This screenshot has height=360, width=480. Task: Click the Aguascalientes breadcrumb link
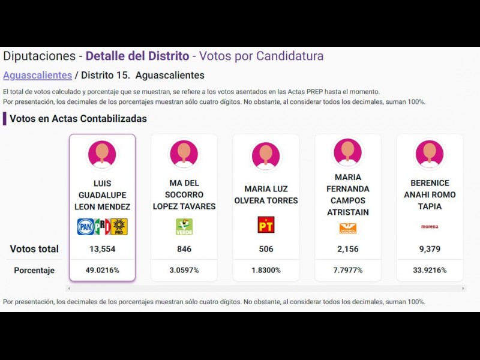37,76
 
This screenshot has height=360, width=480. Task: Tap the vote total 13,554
102,249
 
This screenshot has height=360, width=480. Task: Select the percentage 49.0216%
102,270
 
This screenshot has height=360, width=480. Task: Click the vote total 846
184,249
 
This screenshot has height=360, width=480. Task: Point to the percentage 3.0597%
184,270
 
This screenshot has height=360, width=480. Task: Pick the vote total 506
266,249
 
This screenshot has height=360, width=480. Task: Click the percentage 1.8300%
266,270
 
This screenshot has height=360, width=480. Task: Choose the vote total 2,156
348,249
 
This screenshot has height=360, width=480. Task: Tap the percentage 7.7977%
348,270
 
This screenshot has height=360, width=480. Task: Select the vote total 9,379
430,249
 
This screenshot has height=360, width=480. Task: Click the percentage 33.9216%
430,270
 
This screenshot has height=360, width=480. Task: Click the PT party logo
266,225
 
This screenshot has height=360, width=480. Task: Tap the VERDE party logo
184,226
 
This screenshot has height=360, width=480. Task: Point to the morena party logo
430,227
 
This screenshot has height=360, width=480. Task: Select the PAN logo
86,227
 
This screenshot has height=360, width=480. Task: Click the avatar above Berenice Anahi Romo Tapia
430,154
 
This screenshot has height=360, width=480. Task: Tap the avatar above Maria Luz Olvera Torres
266,155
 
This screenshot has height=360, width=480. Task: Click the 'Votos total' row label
34,249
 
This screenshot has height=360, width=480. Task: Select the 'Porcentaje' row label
34,271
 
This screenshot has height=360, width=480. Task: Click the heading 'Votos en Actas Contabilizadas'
78,119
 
